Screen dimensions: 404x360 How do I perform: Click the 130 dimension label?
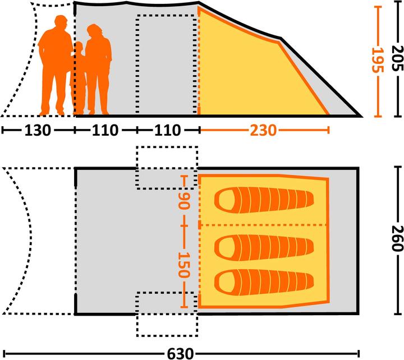click(x=38, y=130)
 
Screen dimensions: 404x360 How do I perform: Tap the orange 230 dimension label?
click(x=263, y=130)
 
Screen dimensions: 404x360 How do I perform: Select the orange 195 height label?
click(x=378, y=60)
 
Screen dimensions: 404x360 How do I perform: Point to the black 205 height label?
click(x=397, y=58)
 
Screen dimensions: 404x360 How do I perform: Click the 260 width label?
click(x=397, y=238)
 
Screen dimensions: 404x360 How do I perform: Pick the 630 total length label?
click(x=180, y=354)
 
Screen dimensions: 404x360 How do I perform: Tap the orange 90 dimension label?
click(x=184, y=201)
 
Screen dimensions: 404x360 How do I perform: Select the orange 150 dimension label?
click(x=184, y=265)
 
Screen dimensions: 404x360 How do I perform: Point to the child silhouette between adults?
click(x=79, y=77)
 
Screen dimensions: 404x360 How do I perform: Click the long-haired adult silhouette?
click(x=98, y=69)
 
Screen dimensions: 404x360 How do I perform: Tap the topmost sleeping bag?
click(x=264, y=200)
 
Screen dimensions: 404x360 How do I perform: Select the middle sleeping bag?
click(x=264, y=248)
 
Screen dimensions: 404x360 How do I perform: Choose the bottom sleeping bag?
click(x=264, y=283)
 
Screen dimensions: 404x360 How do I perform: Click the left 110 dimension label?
click(x=105, y=130)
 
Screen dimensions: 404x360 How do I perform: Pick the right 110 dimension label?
click(x=167, y=130)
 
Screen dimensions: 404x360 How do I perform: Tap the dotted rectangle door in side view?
click(x=137, y=64)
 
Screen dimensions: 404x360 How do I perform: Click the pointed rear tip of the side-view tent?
click(x=362, y=116)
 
